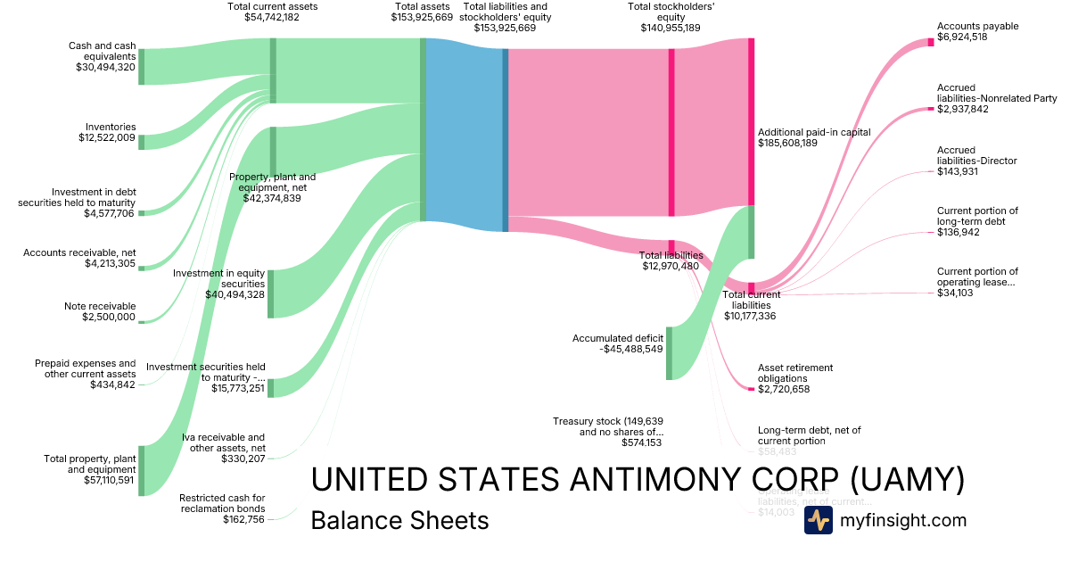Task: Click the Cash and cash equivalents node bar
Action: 141,67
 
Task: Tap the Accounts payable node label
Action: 978,27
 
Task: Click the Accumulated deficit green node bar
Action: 669,353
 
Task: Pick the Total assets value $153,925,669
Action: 422,17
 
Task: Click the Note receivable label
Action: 100,306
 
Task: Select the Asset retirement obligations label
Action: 795,372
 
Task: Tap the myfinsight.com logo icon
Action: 818,521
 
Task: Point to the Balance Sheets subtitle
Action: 399,521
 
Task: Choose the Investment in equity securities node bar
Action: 271,293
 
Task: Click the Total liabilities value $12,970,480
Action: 671,266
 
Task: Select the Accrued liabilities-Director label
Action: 977,155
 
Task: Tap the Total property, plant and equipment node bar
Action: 141,470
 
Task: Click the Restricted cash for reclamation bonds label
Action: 222,503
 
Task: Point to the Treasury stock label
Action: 607,426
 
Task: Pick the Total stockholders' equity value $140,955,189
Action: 671,29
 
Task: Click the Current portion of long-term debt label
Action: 977,216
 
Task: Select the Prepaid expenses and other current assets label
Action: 86,368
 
